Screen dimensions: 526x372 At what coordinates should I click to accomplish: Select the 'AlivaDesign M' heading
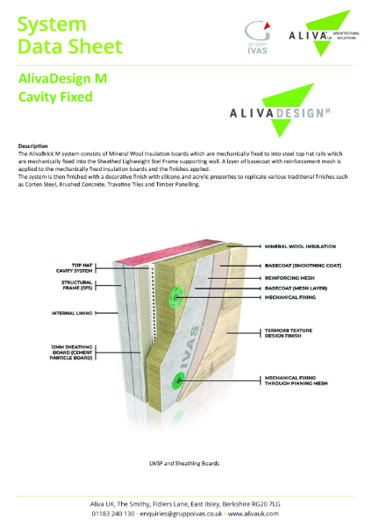click(63, 78)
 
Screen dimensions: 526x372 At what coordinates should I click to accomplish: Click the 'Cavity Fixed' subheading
click(55, 97)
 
